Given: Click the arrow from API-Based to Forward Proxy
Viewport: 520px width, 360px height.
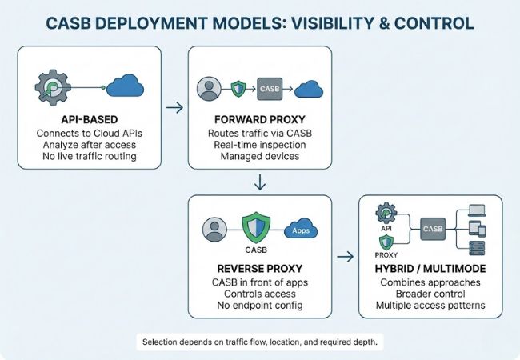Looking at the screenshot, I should [171, 104].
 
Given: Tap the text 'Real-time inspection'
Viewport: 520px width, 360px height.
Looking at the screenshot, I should [259, 144].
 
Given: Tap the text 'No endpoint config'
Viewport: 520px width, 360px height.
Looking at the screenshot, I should [259, 306].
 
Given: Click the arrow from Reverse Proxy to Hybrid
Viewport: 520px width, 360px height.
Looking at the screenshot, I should [345, 257].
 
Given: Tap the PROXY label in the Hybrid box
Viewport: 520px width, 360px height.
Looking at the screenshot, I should [386, 255].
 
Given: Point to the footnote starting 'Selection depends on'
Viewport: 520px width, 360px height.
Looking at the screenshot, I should [259, 342].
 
